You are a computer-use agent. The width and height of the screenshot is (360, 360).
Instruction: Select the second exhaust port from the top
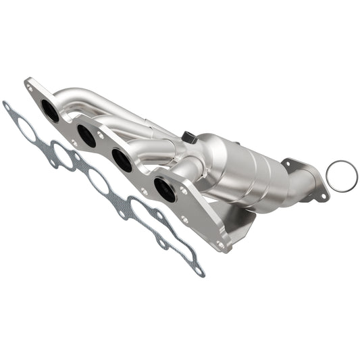(86, 134)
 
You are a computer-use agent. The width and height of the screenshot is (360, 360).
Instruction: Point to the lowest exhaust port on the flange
(164, 188)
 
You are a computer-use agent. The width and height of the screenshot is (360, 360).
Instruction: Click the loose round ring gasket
(341, 176)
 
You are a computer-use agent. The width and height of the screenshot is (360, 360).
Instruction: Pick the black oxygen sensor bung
(188, 138)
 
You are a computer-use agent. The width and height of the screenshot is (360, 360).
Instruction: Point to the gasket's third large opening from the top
(99, 181)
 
